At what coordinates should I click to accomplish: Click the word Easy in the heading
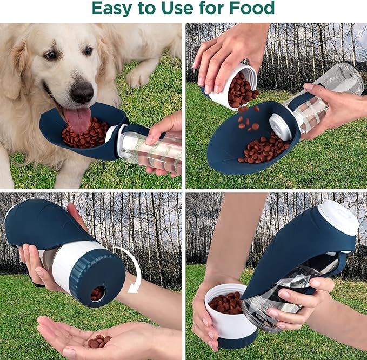[112, 8]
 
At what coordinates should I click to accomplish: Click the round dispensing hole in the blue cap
[97, 294]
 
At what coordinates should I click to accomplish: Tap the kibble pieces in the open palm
[98, 341]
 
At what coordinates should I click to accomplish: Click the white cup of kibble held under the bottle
[227, 314]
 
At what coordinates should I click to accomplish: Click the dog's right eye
[50, 55]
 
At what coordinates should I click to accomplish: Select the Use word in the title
[183, 8]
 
